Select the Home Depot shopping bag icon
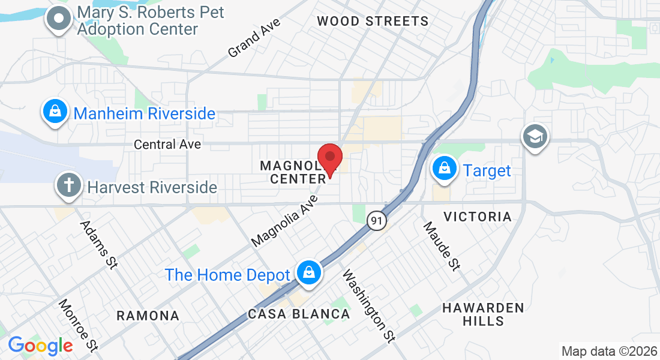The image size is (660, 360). tap(308, 273)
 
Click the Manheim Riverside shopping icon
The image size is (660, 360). tap(55, 112)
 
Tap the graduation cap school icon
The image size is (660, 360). tap(533, 137)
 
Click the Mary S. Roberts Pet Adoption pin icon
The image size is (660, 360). tap(59, 19)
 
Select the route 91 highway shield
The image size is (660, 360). tap(376, 221)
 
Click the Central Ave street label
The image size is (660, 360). tap(167, 145)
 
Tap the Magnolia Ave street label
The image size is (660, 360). tap(284, 220)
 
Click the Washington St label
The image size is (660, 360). tap(369, 305)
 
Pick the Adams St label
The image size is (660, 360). tap(98, 245)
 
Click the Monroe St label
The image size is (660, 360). tap(78, 325)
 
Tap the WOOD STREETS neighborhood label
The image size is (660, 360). tap(373, 22)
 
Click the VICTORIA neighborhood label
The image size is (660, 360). tap(477, 217)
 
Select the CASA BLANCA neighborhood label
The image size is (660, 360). tap(299, 314)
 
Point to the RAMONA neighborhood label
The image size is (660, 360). tap(148, 316)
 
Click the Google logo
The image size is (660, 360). tap(40, 346)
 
